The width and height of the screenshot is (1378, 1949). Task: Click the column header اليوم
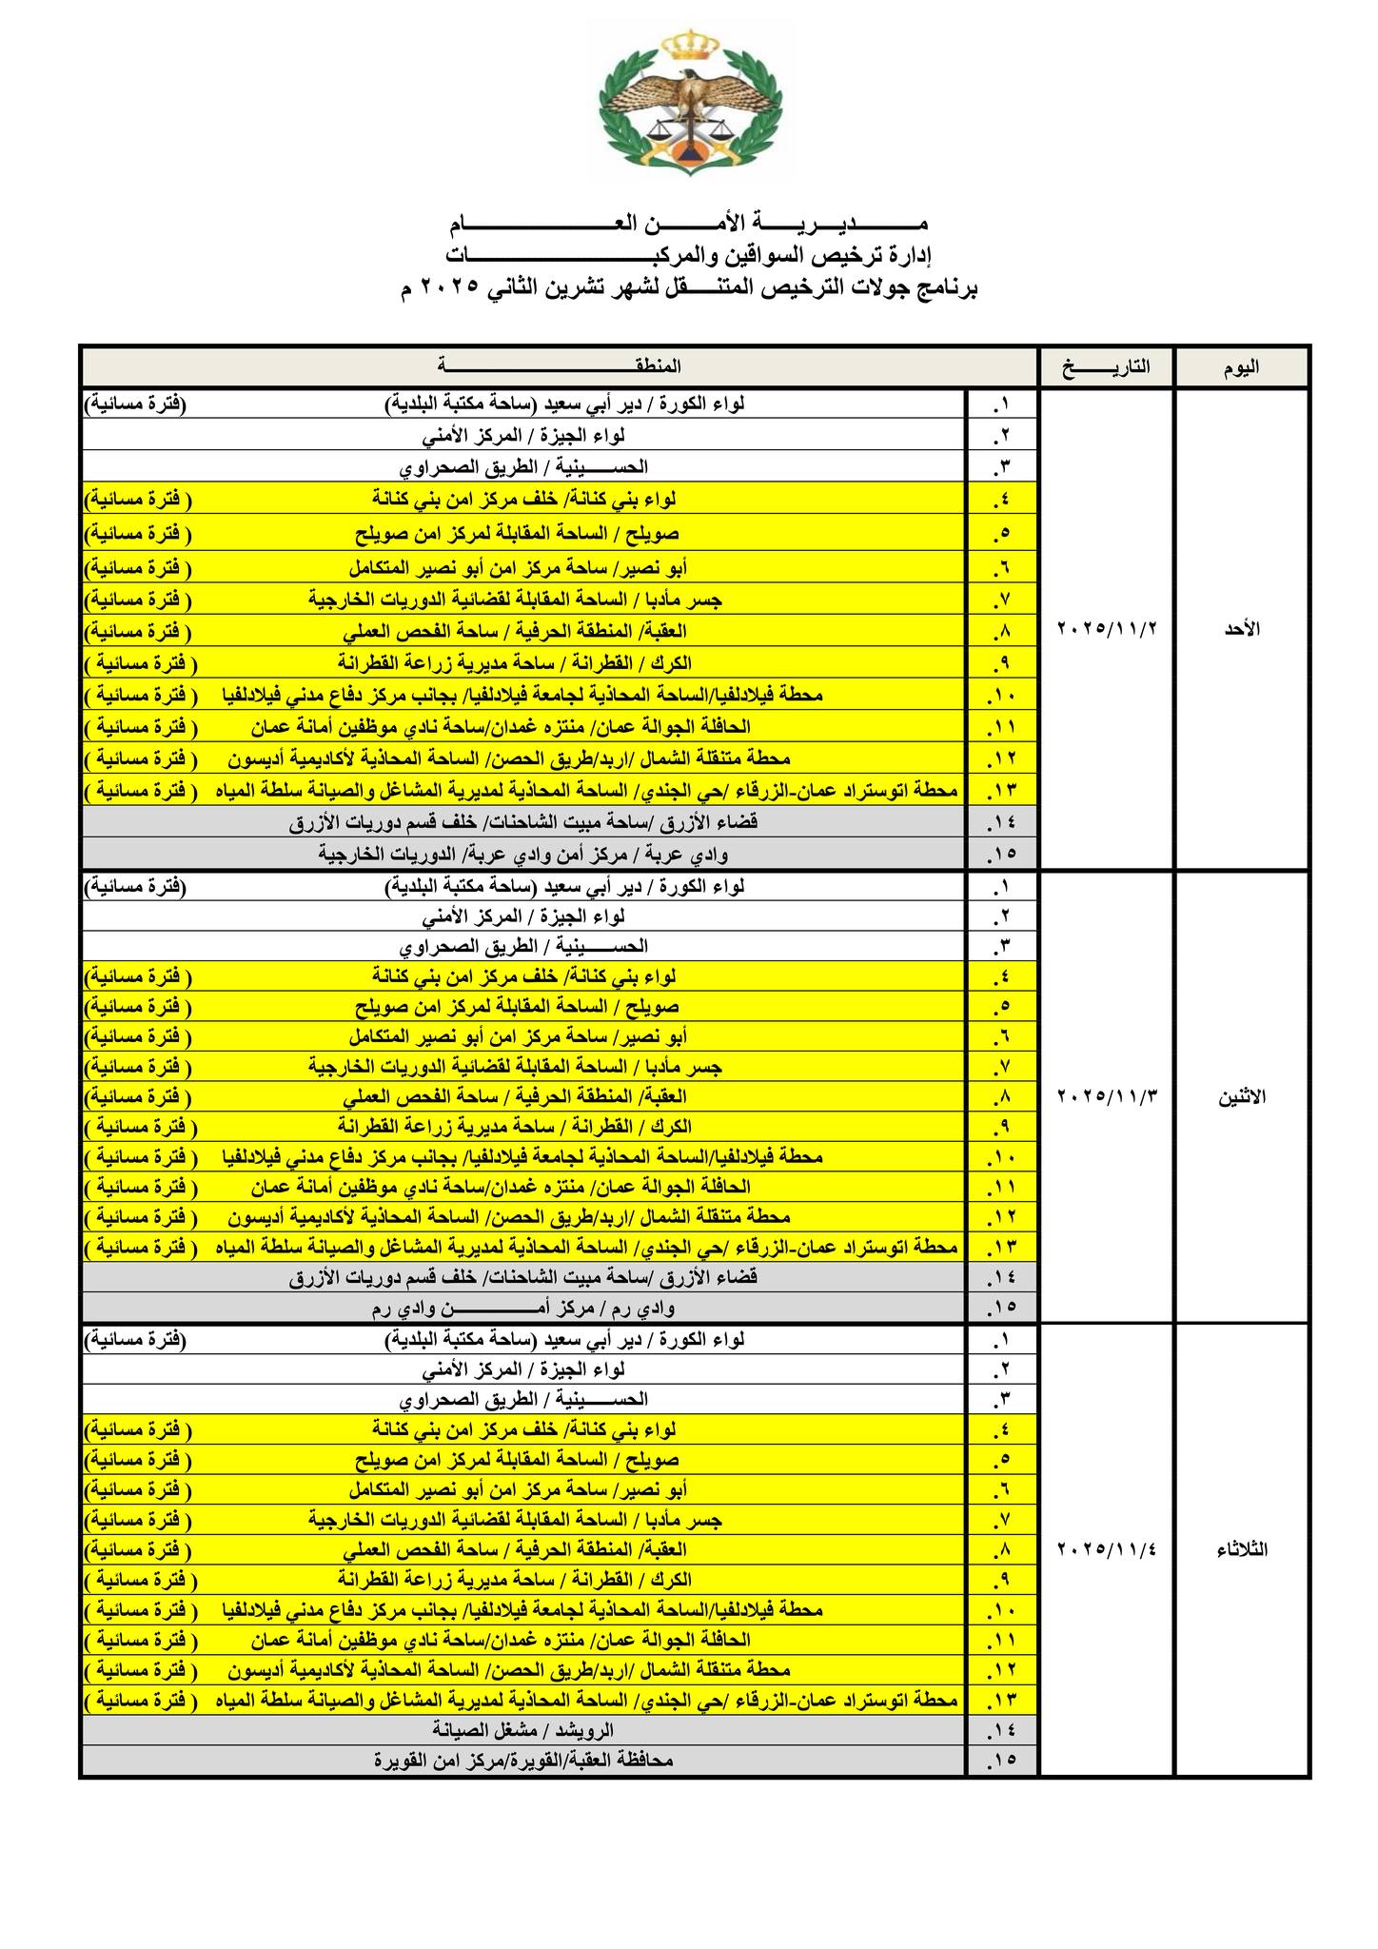[x=1241, y=367]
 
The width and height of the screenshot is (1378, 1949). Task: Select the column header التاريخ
[x=1105, y=367]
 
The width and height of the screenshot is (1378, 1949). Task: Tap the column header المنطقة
[x=560, y=367]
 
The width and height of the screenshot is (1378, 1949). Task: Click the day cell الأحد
[x=1241, y=629]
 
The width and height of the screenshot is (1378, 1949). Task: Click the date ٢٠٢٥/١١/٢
[x=1106, y=629]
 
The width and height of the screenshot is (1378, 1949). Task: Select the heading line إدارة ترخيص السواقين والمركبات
[x=689, y=257]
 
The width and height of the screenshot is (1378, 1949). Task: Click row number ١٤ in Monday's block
[x=1001, y=1277]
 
